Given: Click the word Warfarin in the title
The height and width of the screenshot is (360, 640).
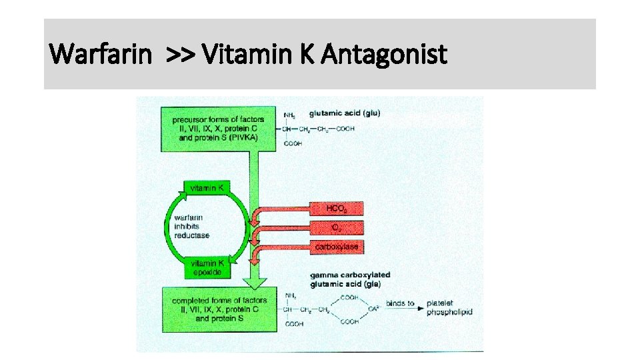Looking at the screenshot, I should [x=100, y=54].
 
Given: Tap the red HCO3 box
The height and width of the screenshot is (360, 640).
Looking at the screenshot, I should [x=336, y=209].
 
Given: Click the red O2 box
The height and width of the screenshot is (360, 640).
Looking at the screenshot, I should [x=336, y=227].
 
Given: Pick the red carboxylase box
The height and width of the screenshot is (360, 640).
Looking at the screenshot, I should [x=336, y=247].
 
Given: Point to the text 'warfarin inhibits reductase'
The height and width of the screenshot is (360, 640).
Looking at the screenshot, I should [x=191, y=227].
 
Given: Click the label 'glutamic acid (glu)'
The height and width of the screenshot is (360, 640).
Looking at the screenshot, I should [x=345, y=113].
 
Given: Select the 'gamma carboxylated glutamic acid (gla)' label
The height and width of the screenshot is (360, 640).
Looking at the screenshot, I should [x=350, y=279].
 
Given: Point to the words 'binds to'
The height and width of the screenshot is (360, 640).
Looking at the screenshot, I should [x=401, y=304].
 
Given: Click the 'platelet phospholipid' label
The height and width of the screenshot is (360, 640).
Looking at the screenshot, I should [x=449, y=307].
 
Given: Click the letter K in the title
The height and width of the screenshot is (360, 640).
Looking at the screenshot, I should [x=307, y=54].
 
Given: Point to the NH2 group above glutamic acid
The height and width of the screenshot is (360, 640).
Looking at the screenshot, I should [x=289, y=115].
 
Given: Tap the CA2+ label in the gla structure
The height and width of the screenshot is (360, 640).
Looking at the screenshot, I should [x=374, y=309].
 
